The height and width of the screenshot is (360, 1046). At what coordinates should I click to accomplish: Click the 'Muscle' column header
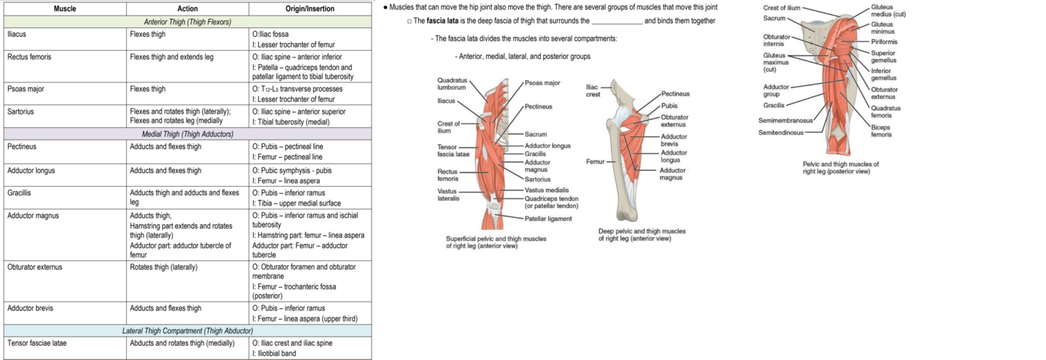pyautogui.click(x=65, y=9)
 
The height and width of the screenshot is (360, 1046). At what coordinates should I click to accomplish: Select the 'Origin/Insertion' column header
pyautogui.click(x=310, y=9)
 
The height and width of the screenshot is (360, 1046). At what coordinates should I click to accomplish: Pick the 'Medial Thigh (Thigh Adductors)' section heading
pyautogui.click(x=187, y=134)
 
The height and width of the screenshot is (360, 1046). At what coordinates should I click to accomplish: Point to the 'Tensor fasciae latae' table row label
pyautogui.click(x=38, y=343)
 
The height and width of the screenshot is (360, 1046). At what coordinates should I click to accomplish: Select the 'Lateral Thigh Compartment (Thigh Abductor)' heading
pyautogui.click(x=187, y=331)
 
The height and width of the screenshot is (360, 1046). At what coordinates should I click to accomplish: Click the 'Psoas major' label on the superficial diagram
pyautogui.click(x=543, y=82)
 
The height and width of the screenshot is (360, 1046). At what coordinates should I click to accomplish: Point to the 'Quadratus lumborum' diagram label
pyautogui.click(x=452, y=83)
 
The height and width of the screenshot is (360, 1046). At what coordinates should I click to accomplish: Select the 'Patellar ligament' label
pyautogui.click(x=548, y=219)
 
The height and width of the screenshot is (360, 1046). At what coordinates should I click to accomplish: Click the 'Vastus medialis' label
pyautogui.click(x=547, y=190)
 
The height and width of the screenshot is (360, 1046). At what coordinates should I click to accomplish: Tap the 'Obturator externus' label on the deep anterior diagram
pyautogui.click(x=674, y=121)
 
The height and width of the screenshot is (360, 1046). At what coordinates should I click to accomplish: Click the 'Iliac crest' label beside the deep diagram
pyautogui.click(x=594, y=90)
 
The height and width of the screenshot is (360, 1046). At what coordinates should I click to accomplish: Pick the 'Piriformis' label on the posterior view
pyautogui.click(x=884, y=42)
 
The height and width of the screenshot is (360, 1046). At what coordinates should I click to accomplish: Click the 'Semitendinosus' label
pyautogui.click(x=781, y=133)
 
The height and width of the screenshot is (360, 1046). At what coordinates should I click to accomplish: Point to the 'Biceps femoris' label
pyautogui.click(x=881, y=130)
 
